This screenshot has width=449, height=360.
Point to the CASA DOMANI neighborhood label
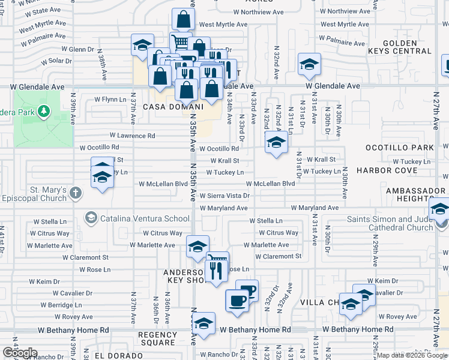166,106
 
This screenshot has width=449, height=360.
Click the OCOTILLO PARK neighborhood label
399,148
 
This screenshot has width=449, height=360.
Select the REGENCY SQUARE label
157,338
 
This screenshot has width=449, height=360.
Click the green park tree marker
43,111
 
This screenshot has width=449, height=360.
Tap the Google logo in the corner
20,353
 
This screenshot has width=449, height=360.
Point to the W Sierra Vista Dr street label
224,196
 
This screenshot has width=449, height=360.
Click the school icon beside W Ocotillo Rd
276,143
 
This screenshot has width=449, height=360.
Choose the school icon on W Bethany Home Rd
204,323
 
